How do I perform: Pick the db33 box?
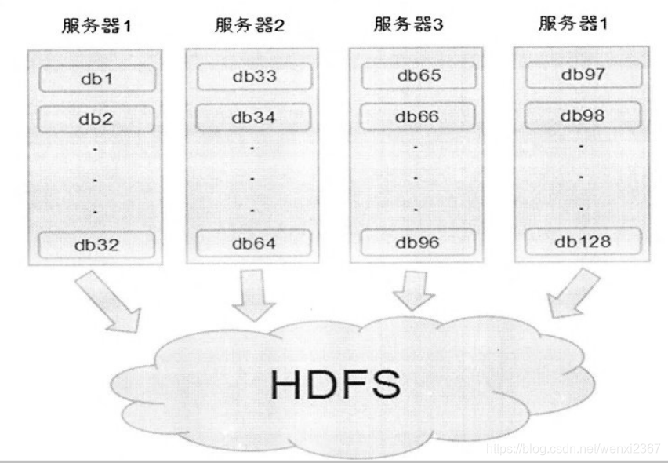tap(254, 77)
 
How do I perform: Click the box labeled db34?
tap(254, 118)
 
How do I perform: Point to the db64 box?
tap(254, 242)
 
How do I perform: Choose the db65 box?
tap(418, 76)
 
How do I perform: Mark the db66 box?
tap(418, 117)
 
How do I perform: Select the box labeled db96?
tap(418, 242)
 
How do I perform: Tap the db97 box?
tap(583, 75)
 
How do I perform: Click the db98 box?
tap(583, 115)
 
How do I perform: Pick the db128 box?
tap(583, 241)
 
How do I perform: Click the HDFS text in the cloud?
tap(336, 385)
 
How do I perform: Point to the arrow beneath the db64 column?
tap(255, 296)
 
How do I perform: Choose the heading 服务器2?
tap(249, 26)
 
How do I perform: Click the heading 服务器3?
tap(408, 24)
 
